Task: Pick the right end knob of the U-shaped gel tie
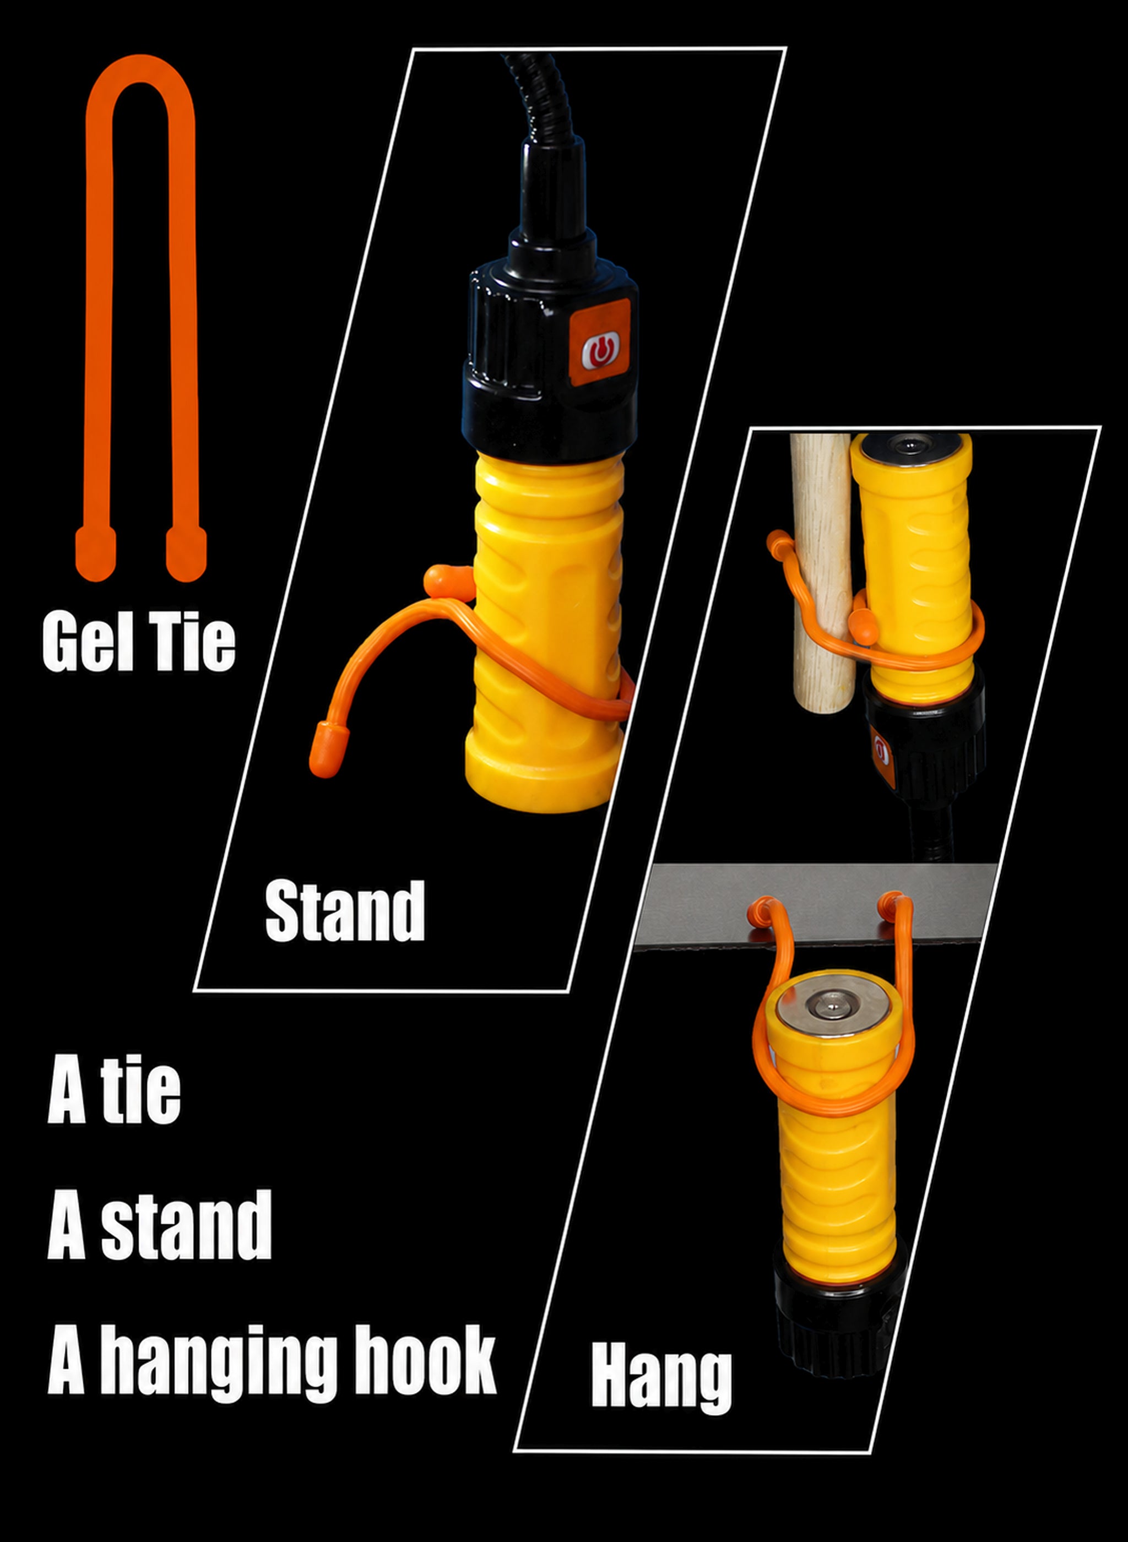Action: tap(186, 552)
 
